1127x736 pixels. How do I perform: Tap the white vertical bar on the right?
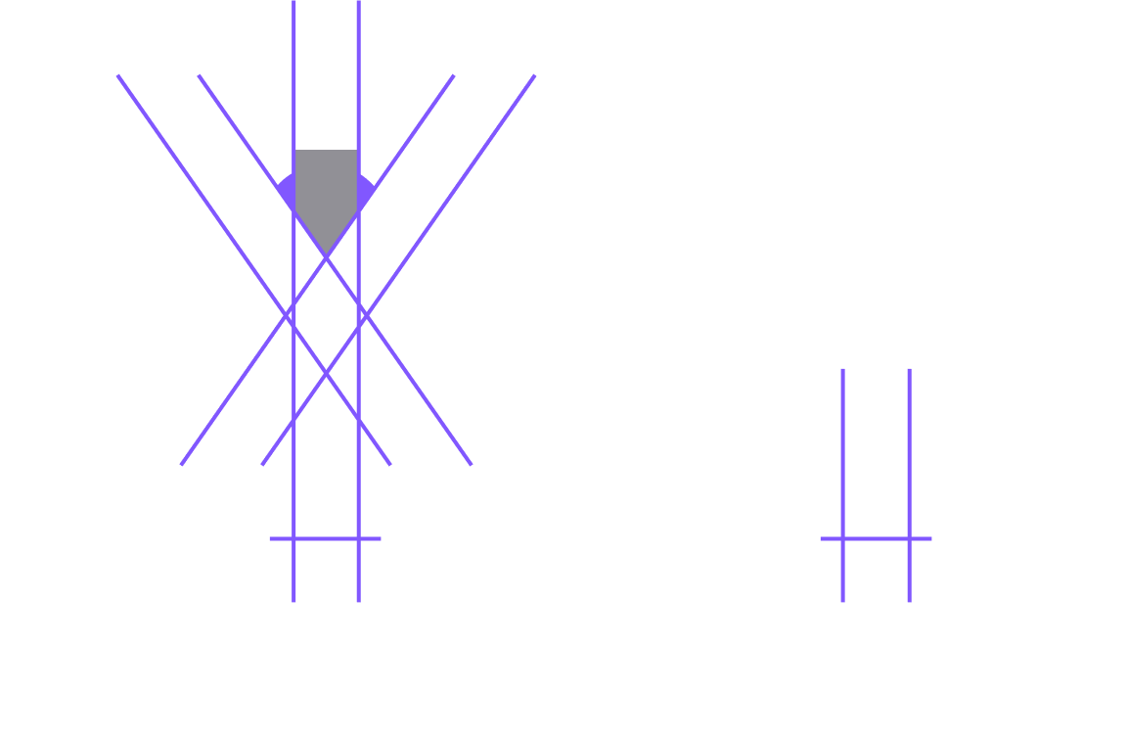[876, 294]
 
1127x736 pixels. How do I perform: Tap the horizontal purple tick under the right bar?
[876, 538]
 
